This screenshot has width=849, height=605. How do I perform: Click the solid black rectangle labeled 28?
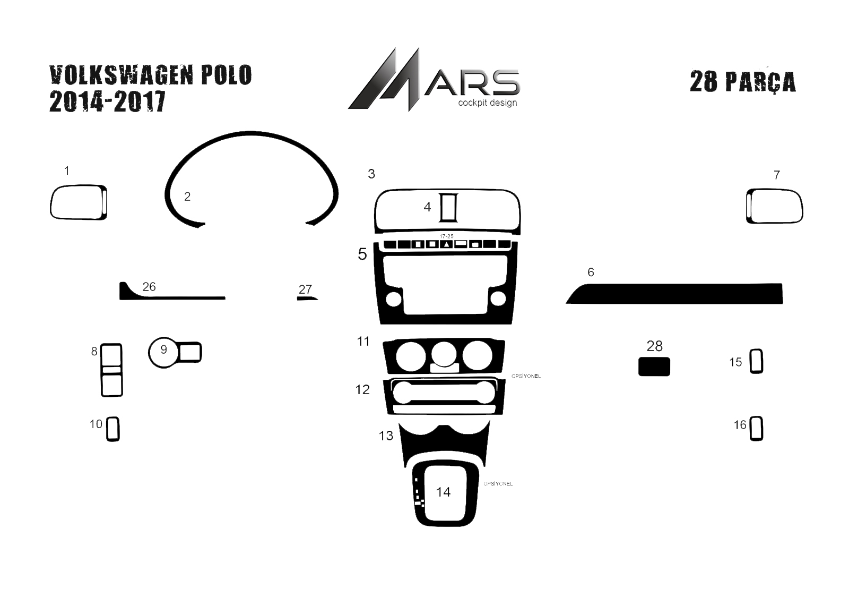[654, 367]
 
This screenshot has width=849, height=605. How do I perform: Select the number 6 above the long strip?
[591, 272]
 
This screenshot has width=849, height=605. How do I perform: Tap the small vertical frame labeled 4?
[449, 208]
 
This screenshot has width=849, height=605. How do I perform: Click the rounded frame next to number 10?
[112, 429]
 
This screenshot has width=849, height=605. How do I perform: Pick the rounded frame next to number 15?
[756, 361]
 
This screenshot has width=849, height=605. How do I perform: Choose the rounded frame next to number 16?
[756, 429]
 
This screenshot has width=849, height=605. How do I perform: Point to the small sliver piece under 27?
[307, 299]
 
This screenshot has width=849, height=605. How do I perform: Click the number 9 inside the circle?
[164, 349]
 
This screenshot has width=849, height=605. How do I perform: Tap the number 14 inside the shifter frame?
[443, 492]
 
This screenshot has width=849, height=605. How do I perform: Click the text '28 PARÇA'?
[742, 82]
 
